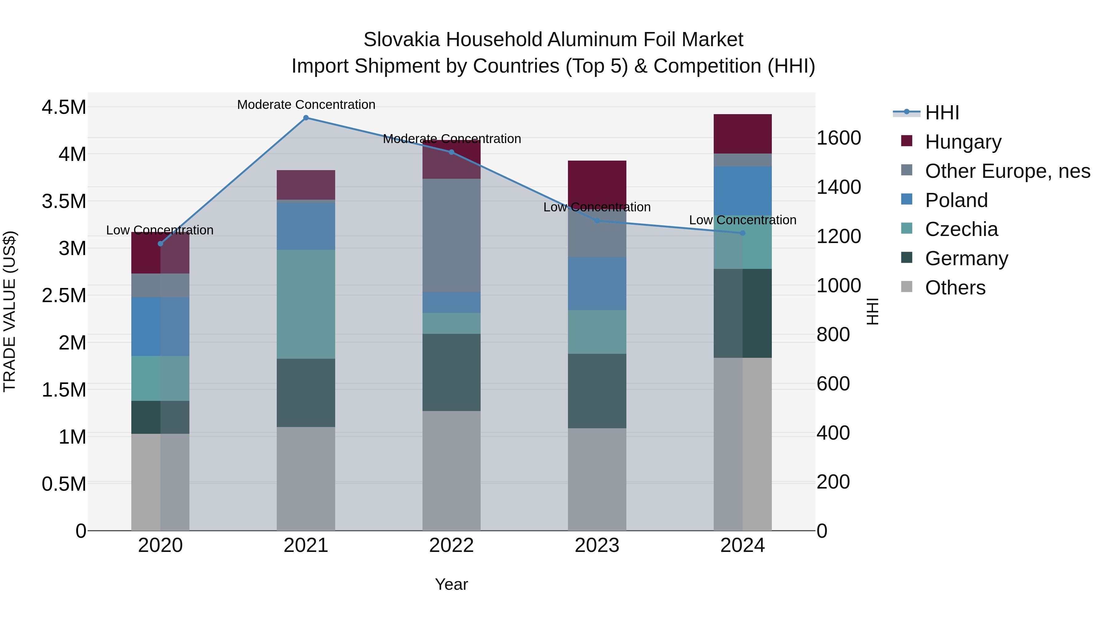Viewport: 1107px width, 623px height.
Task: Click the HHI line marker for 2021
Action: tap(306, 118)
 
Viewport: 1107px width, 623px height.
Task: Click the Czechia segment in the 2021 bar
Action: tap(306, 304)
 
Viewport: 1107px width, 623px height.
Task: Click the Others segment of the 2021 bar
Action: tap(306, 478)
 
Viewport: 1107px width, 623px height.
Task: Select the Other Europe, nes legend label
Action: tap(1007, 171)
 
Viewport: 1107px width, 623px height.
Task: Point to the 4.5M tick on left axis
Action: tap(64, 107)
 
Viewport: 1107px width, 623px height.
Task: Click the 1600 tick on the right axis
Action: tap(839, 138)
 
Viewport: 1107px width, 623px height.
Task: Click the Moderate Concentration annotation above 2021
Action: tap(306, 105)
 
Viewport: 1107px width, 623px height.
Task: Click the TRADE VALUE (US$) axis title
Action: tap(10, 311)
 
